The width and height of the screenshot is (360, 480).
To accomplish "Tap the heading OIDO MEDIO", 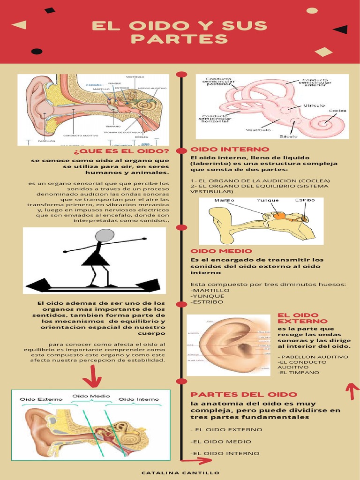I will (x=221, y=251).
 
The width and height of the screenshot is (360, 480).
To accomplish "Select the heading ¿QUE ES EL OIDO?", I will (x=121, y=151).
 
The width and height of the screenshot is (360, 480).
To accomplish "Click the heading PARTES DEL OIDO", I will (x=244, y=395).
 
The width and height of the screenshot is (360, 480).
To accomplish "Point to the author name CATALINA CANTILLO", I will (x=180, y=473).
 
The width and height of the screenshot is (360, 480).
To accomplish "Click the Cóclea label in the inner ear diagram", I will (x=337, y=111).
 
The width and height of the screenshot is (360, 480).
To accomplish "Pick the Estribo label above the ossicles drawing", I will (x=305, y=200).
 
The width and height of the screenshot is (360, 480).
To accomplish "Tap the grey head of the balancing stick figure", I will (x=105, y=235).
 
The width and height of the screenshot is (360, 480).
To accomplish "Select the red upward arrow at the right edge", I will (x=352, y=390).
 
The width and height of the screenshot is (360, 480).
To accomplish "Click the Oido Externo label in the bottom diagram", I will (x=41, y=399).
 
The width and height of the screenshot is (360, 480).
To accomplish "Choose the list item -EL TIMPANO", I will (x=299, y=373).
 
